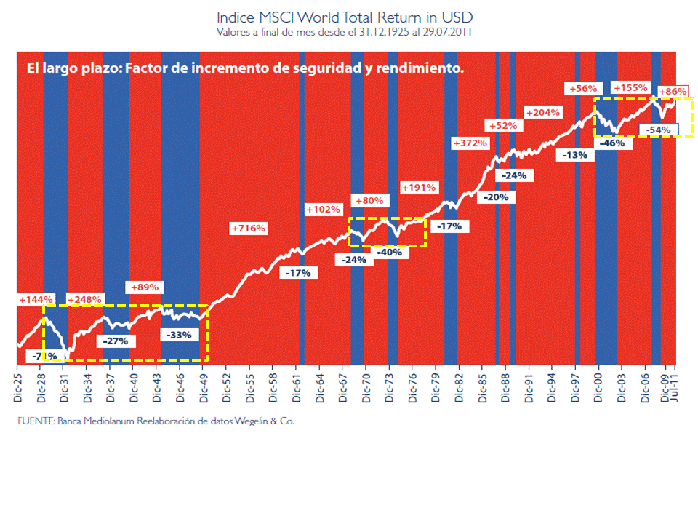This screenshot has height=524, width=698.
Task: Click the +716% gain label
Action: point(249,229)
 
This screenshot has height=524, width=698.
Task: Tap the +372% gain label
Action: point(470,143)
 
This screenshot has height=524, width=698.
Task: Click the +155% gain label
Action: point(630,88)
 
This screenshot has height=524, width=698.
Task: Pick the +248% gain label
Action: point(84,300)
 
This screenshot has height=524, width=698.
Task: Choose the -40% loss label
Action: point(390,253)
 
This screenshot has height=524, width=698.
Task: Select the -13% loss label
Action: point(574,155)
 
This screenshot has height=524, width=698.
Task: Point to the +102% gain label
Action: point(323,210)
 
